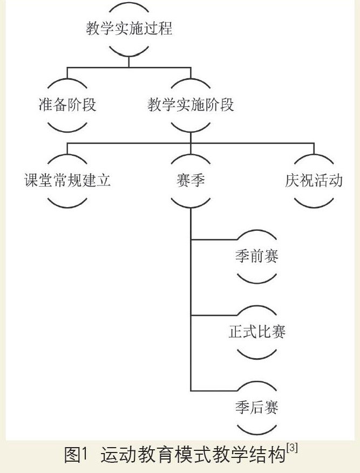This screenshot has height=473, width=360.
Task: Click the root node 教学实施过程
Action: tap(129, 29)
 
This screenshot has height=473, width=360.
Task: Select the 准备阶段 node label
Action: tap(67, 104)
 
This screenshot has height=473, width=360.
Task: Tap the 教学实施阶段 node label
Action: tap(191, 104)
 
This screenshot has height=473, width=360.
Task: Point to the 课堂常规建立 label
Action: tap(67, 180)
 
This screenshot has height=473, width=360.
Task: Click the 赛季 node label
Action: tap(191, 180)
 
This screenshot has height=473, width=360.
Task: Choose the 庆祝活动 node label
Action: tap(314, 180)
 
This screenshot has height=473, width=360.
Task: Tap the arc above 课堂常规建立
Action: tap(67, 157)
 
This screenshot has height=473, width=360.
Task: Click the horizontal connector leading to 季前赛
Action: tap(213, 238)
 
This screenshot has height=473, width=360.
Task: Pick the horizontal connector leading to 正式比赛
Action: tap(213, 314)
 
